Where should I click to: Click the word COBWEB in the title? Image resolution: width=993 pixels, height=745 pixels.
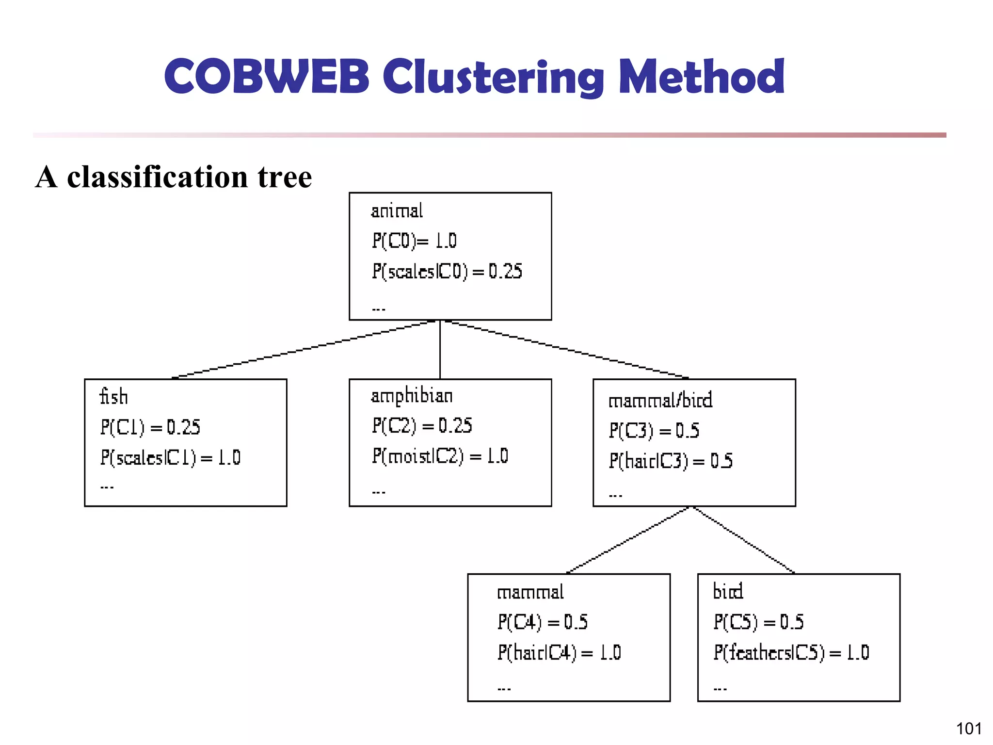tap(267, 77)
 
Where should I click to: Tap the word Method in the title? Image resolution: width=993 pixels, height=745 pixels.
tap(702, 77)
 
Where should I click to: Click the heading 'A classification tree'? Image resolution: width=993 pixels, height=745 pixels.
tap(174, 177)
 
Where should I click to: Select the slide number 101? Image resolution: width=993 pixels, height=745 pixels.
tap(968, 729)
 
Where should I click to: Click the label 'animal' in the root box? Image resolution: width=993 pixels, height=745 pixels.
tap(397, 211)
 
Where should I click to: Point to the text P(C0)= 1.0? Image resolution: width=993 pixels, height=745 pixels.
tap(414, 241)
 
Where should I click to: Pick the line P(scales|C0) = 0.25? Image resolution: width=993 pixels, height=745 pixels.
tap(447, 271)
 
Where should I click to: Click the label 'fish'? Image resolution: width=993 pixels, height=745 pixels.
tap(113, 397)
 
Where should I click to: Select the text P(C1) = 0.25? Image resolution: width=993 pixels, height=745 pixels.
tap(150, 427)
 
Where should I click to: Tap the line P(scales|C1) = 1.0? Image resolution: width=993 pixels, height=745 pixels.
tap(170, 457)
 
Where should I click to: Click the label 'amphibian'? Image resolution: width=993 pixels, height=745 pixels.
tap(412, 396)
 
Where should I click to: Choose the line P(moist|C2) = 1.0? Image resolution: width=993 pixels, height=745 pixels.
tap(440, 456)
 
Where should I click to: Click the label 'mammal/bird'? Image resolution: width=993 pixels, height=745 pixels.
tap(660, 401)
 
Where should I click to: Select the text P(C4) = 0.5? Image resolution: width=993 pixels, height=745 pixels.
tap(542, 622)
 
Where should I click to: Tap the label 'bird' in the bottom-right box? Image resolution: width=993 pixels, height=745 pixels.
tap(727, 591)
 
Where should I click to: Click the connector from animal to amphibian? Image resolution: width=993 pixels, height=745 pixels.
tap(440, 349)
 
